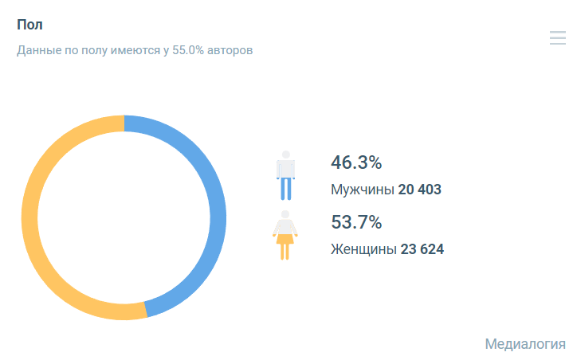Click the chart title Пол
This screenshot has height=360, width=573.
29,25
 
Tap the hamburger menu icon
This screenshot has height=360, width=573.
557,37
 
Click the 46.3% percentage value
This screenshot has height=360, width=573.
356,163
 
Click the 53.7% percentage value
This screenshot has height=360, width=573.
356,222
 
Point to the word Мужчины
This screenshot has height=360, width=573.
362,190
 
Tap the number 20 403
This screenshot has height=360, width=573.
419,190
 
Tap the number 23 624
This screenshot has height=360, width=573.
422,249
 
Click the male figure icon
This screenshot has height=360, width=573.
285,175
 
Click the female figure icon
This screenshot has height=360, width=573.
285,235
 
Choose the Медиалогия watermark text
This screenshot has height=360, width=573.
524,344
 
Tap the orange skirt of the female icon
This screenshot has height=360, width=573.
285,241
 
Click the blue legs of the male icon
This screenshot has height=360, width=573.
285,188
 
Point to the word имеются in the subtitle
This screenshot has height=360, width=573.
135,50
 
